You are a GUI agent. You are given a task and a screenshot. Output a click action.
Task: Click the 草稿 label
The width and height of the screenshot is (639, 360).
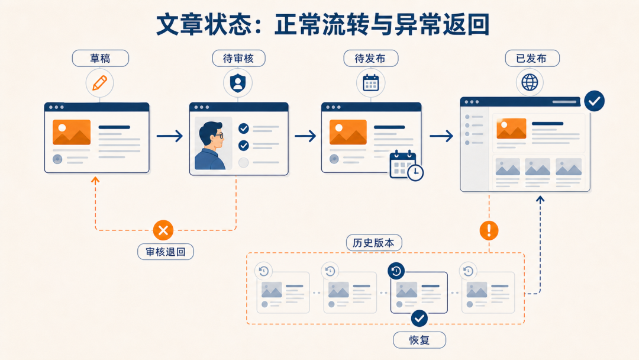(x=100, y=58)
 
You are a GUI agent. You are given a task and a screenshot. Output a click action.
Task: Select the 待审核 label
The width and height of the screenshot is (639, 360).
(x=238, y=58)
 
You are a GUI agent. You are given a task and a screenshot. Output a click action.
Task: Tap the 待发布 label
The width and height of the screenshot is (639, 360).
(x=370, y=58)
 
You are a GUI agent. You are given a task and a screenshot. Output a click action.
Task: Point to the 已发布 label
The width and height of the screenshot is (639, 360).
(x=532, y=58)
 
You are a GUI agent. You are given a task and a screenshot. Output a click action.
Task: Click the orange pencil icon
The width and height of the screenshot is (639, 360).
(x=100, y=83)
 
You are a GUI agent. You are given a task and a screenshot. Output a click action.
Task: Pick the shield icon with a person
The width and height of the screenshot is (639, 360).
(x=238, y=83)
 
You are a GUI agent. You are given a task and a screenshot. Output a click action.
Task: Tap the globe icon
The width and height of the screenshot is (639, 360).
(x=530, y=82)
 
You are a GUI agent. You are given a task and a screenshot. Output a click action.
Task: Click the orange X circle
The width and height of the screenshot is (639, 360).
(x=163, y=230)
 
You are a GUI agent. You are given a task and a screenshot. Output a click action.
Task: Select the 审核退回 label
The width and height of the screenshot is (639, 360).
(x=166, y=252)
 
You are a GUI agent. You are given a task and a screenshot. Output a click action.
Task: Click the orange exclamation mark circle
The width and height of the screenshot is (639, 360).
(x=489, y=230)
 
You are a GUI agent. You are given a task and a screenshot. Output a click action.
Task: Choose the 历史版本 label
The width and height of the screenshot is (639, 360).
(x=374, y=243)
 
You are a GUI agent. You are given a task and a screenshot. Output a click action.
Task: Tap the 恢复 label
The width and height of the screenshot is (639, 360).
(x=419, y=340)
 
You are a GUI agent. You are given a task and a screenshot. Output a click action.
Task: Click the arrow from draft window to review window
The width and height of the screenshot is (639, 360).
(x=170, y=136)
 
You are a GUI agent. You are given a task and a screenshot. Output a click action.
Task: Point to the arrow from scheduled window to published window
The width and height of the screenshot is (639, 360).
(x=441, y=136)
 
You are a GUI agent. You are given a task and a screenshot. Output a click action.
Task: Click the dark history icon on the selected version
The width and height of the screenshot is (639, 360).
(x=396, y=271)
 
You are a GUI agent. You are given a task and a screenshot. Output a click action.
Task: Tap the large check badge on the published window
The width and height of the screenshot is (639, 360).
(x=594, y=101)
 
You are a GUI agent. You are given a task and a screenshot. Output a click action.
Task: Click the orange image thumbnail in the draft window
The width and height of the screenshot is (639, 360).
(x=72, y=132)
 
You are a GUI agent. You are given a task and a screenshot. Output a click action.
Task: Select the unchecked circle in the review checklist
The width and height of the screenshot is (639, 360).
(x=244, y=162)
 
